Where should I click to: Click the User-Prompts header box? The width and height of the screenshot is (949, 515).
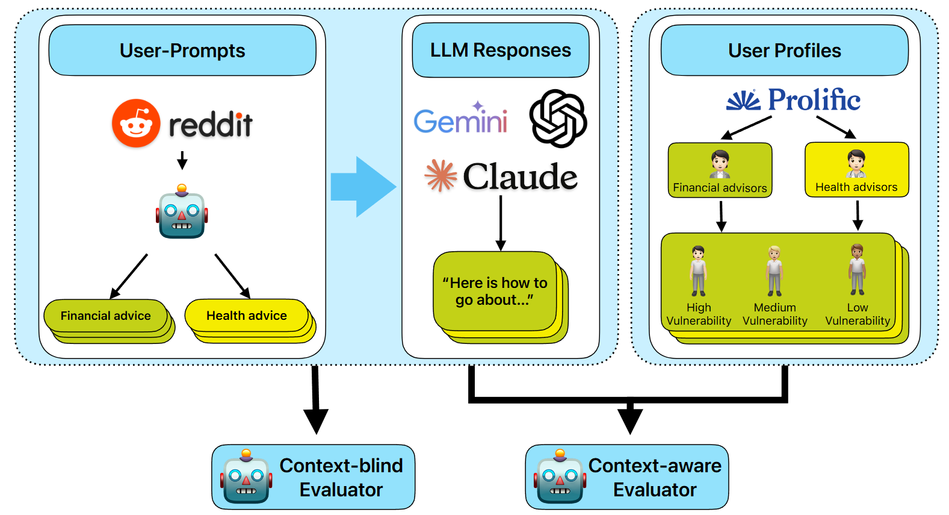click(182, 51)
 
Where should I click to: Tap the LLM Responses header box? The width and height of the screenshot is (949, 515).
click(500, 51)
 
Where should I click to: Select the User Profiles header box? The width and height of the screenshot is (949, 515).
click(784, 51)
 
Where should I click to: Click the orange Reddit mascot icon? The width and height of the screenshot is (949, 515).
click(137, 123)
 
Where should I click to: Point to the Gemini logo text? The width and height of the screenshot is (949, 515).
click(460, 120)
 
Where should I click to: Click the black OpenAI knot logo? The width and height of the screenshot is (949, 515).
click(558, 119)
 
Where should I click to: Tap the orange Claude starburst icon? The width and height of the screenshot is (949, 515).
click(441, 175)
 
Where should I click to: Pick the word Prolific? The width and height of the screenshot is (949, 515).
click(814, 100)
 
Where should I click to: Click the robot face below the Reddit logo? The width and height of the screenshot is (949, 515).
click(182, 214)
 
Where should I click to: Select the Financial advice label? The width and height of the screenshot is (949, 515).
click(106, 316)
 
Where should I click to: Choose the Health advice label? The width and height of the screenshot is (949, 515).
click(247, 316)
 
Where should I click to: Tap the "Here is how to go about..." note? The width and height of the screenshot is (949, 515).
click(495, 292)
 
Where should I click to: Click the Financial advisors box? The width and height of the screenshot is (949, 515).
click(720, 170)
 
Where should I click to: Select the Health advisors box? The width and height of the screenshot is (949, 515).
click(856, 169)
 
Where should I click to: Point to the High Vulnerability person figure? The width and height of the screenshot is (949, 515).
click(698, 271)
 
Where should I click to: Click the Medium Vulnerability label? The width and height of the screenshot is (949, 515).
click(775, 314)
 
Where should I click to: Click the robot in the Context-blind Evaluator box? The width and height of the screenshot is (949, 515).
click(246, 478)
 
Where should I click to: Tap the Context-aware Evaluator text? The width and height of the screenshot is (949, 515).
click(655, 478)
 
